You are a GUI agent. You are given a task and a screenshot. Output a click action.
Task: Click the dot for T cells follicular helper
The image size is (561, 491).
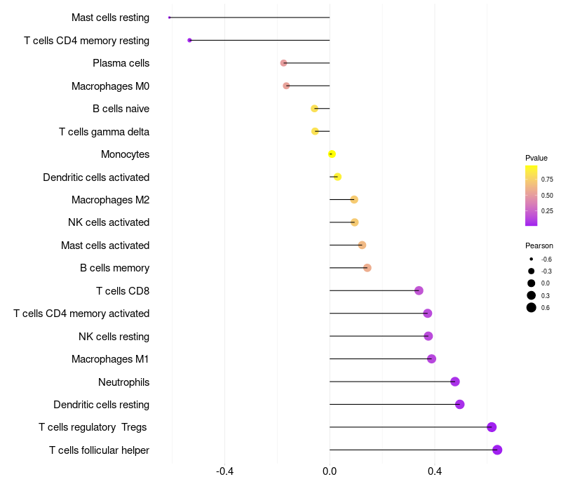tap(497, 450)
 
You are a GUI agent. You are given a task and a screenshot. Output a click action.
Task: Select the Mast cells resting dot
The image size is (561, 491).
tap(170, 18)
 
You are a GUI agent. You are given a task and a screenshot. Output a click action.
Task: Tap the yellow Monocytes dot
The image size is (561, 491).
tap(332, 154)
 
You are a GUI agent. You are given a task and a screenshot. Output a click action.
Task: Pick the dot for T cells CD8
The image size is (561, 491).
tap(419, 290)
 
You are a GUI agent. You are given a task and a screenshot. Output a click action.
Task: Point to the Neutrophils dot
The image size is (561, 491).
tap(455, 382)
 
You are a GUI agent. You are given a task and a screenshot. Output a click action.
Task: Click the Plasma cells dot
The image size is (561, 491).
tap(283, 63)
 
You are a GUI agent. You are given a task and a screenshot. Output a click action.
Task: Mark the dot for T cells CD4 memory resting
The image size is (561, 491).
tap(189, 41)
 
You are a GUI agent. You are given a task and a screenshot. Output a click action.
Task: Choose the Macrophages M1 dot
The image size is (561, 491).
tap(431, 359)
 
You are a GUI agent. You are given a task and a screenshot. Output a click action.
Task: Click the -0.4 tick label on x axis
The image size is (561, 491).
tap(224, 471)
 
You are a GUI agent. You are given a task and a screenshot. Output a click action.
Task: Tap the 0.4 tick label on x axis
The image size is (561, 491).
tap(435, 471)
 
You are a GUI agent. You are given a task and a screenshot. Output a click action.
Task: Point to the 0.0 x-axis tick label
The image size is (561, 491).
tap(330, 471)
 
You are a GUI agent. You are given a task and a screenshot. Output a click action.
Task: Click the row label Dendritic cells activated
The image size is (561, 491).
tap(96, 177)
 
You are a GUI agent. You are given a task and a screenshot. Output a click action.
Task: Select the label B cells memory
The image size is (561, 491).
tap(114, 268)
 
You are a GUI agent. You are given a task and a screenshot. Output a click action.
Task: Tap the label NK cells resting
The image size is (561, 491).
tap(114, 337)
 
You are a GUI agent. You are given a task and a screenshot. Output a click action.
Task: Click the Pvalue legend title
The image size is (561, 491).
tap(536, 158)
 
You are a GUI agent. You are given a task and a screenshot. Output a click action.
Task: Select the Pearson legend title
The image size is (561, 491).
tap(539, 245)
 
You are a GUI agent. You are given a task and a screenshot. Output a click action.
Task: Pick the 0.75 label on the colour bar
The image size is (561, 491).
tap(547, 180)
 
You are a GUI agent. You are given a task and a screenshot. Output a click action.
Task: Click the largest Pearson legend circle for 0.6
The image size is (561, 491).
tap(532, 307)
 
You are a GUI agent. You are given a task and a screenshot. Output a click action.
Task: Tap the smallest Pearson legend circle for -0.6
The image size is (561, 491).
tap(532, 260)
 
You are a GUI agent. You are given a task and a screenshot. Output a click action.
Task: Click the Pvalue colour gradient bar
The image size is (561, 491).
tap(531, 196)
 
